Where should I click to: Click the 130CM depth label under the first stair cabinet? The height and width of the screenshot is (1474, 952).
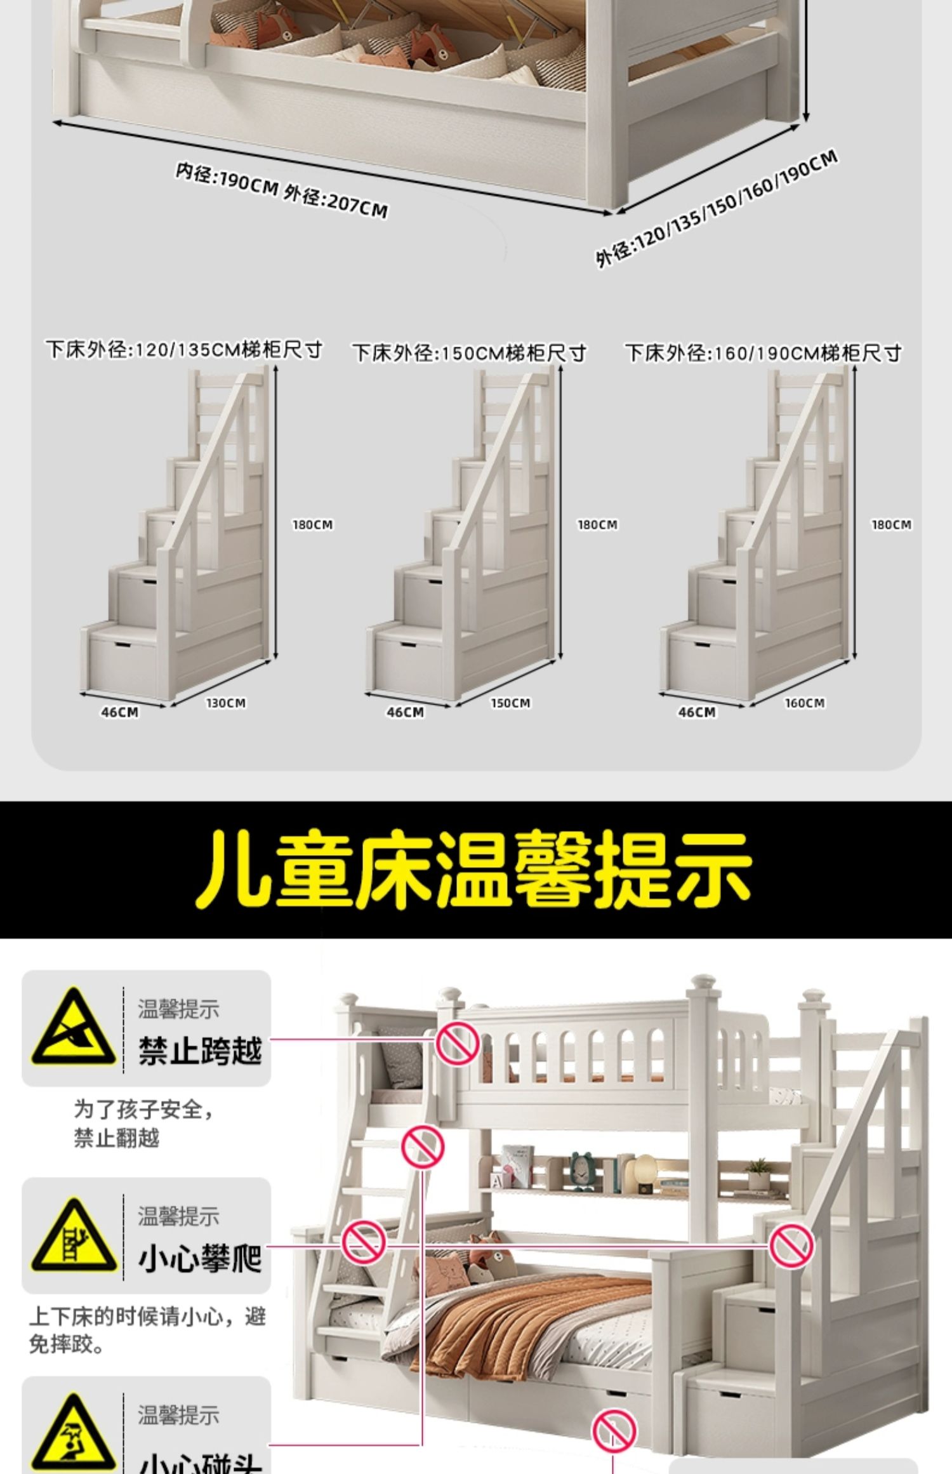226,703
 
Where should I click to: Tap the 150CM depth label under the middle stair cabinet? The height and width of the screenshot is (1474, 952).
510,703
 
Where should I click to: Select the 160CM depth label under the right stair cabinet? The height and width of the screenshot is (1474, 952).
805,703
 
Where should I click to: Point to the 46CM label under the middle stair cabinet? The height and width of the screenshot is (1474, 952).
405,712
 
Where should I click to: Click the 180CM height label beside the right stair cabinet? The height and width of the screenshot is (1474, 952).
891,525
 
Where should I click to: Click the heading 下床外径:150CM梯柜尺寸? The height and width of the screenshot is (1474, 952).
469,353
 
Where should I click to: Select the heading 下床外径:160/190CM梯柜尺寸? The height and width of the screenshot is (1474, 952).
764,353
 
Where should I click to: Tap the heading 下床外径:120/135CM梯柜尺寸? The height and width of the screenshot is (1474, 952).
184,350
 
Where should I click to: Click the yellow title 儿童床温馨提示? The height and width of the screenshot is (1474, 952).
473,868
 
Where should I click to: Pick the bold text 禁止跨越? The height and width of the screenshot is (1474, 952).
200,1051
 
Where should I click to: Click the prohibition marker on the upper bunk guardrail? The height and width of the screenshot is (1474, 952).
457,1044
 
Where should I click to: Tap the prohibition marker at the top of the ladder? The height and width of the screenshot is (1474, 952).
423,1147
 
